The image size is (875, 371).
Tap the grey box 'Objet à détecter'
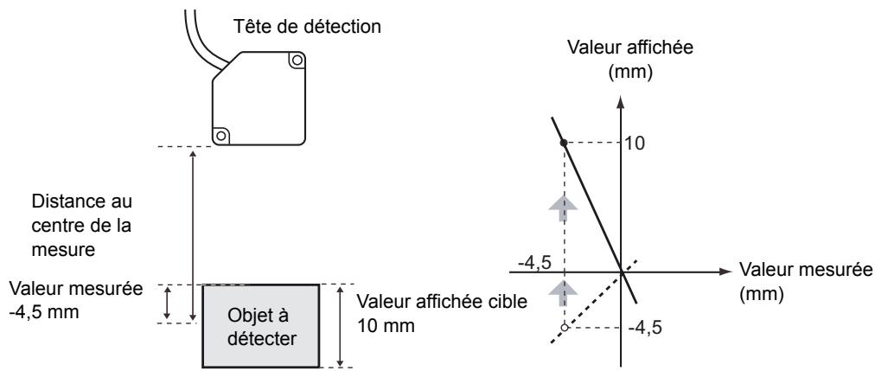(x=260, y=325)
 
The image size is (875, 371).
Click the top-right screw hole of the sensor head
(x=297, y=61)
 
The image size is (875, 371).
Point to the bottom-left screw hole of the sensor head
(x=221, y=135)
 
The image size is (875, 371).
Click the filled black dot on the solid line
(x=564, y=142)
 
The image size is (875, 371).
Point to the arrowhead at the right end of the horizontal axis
(x=725, y=272)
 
